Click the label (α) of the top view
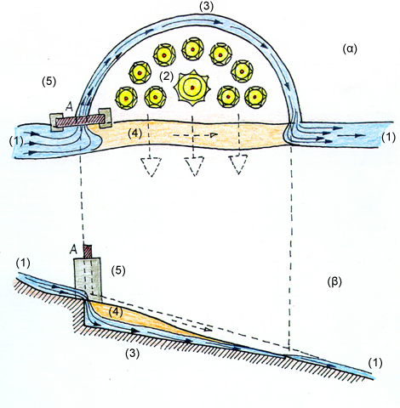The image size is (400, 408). [x=350, y=49]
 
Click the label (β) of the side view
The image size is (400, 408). [x=334, y=282]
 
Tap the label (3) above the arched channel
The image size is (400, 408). [x=206, y=7]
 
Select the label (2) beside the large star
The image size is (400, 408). [x=166, y=76]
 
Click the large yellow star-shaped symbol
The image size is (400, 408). [x=192, y=88]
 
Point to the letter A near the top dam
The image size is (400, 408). [x=70, y=106]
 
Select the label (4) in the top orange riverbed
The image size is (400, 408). [x=134, y=133]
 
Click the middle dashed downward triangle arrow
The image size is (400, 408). [x=194, y=166]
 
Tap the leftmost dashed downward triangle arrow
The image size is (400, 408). [x=151, y=167]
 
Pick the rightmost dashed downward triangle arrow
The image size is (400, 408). [x=238, y=164]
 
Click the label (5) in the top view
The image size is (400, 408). [x=49, y=82]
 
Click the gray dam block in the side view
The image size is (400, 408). [x=88, y=280]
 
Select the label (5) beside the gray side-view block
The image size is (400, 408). [x=118, y=270]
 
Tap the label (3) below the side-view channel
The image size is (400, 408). [x=133, y=353]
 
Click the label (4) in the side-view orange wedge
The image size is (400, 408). [x=116, y=312]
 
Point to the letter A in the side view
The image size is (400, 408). [x=73, y=250]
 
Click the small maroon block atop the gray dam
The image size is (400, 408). [x=88, y=252]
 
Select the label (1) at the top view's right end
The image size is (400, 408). [x=388, y=137]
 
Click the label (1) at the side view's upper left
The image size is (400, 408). [x=23, y=263]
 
